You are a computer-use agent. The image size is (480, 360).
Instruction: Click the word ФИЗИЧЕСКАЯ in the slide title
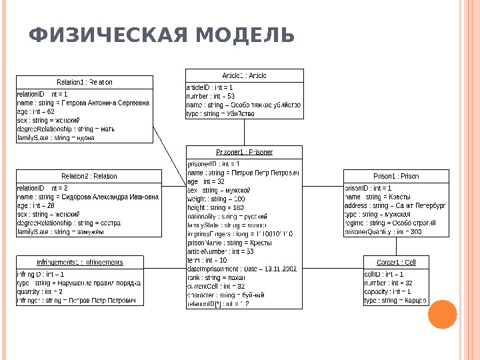pyautogui.click(x=109, y=35)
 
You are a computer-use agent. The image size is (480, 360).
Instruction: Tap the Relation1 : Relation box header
pyautogui.click(x=89, y=83)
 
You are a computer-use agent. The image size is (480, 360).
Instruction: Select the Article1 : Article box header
pyautogui.click(x=244, y=75)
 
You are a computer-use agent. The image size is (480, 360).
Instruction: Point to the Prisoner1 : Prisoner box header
pyautogui.click(x=244, y=152)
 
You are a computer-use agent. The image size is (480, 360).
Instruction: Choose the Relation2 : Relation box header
pyautogui.click(x=89, y=176)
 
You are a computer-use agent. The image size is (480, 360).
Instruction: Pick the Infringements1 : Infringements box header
pyautogui.click(x=79, y=262)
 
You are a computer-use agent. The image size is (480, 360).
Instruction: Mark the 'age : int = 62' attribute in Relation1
pyautogui.click(x=36, y=112)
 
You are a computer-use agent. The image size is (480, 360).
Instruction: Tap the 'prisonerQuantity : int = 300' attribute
pyautogui.click(x=383, y=232)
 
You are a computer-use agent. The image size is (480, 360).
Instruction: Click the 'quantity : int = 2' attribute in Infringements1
pyautogui.click(x=40, y=292)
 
